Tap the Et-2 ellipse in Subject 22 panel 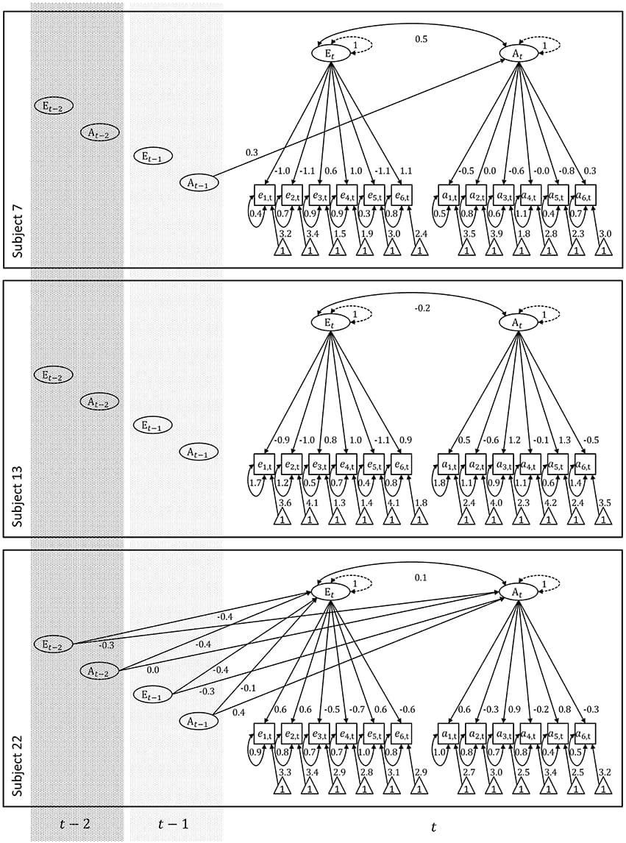(x=53, y=644)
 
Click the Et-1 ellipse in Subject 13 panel (x=153, y=425)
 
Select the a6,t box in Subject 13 (x=584, y=465)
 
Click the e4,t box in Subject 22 (x=346, y=734)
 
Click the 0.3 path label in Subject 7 (x=252, y=152)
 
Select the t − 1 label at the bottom (x=174, y=824)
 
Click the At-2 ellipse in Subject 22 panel (x=100, y=671)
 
